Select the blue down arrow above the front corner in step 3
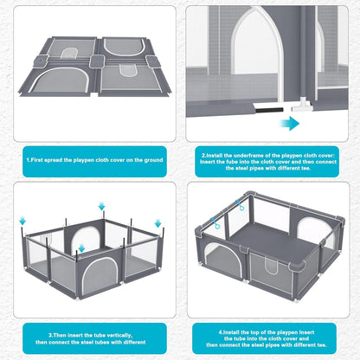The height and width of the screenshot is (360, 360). (x=80, y=247)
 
